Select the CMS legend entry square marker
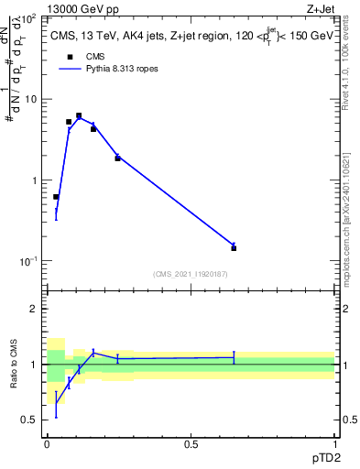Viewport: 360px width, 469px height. [68, 57]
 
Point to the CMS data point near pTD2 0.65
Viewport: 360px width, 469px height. [234, 248]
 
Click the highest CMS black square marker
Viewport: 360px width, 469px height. [79, 115]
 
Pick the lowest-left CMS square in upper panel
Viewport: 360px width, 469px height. [56, 197]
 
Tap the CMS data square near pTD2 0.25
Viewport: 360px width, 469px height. [117, 158]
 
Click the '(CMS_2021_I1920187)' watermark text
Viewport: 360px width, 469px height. [191, 273]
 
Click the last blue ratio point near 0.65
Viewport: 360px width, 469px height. [234, 357]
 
